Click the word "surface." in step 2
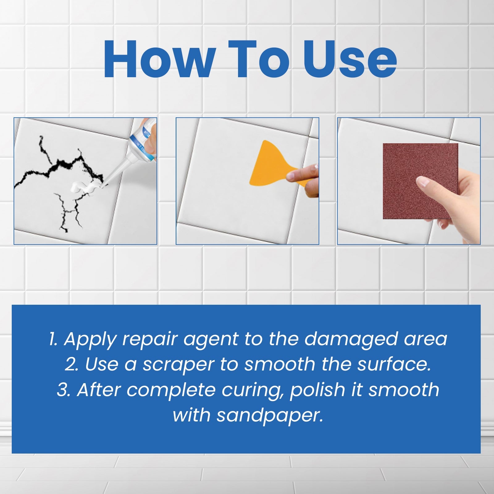click(x=394, y=364)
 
